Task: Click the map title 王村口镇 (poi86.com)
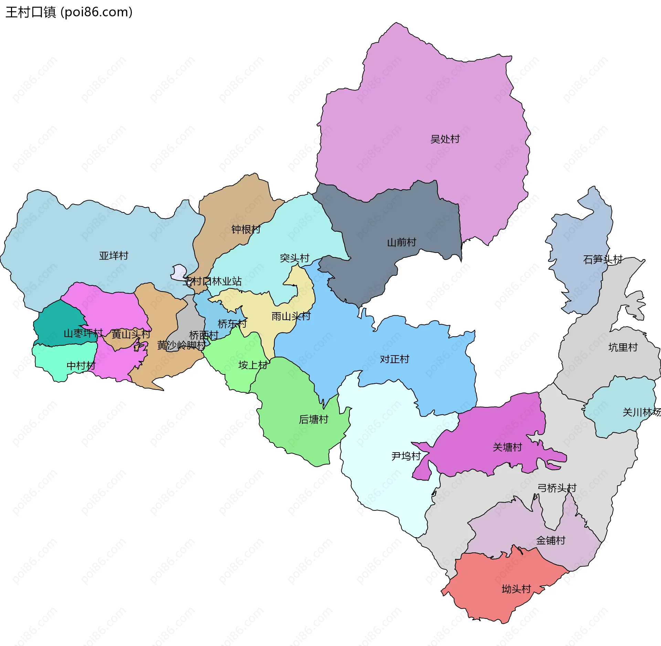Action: [x=69, y=12]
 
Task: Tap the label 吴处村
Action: [x=445, y=139]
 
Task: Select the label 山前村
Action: [x=401, y=242]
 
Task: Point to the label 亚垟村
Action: [x=114, y=255]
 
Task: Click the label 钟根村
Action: [x=246, y=229]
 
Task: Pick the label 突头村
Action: [x=294, y=258]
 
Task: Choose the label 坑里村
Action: [x=623, y=347]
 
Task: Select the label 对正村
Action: [x=394, y=359]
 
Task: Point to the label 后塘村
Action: [x=313, y=419]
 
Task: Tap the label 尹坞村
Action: [x=406, y=456]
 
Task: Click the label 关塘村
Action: [x=507, y=447]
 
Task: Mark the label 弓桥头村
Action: [x=557, y=488]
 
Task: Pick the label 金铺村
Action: [x=550, y=540]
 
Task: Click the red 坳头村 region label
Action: [x=516, y=589]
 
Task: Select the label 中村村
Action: [x=81, y=366]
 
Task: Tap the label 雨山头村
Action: [x=291, y=316]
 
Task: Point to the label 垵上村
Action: [x=253, y=365]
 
